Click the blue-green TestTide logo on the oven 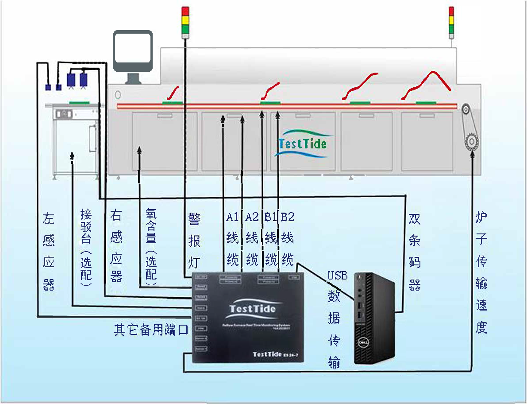303,143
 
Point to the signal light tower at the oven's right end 451,22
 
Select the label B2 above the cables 288,217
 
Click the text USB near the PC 337,276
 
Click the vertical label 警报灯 194,241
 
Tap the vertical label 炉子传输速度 481,272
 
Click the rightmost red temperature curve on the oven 427,84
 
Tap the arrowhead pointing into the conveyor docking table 72,155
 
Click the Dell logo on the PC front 364,342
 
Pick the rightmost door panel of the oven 427,141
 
